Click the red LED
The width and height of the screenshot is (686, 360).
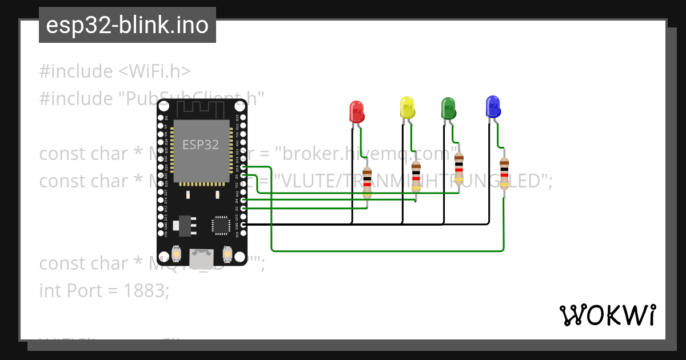click(357, 111)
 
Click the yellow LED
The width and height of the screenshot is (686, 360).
click(407, 107)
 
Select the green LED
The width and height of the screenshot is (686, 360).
click(448, 108)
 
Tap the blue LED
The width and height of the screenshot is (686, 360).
click(492, 106)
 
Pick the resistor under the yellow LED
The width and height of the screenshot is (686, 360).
click(416, 176)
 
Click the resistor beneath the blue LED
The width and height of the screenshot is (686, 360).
click(504, 173)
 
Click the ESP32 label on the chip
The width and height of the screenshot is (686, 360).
click(201, 145)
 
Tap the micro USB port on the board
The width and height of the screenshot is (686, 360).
click(202, 258)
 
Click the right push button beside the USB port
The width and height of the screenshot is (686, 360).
click(227, 253)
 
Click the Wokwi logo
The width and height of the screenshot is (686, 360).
click(607, 315)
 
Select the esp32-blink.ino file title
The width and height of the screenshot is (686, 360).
click(127, 25)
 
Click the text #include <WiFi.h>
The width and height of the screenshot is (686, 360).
click(115, 71)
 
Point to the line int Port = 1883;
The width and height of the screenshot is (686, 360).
click(105, 290)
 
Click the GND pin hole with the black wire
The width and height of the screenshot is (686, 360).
click(244, 225)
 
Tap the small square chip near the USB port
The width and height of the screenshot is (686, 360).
click(220, 225)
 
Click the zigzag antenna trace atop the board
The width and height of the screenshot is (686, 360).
click(201, 109)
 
